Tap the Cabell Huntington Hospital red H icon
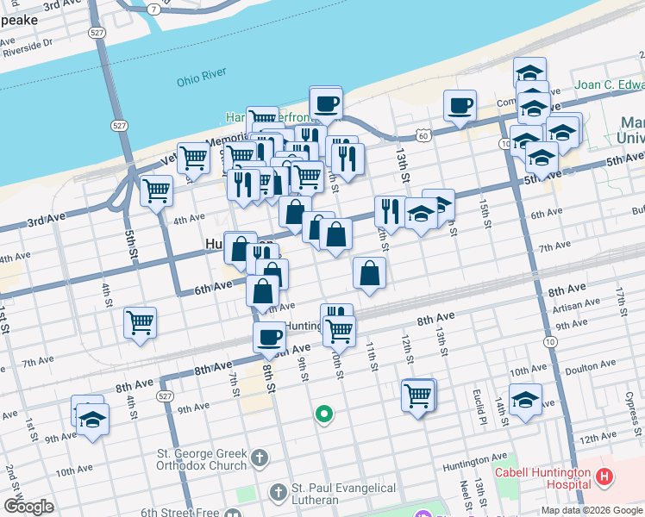[604, 476]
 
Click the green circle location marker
[324, 414]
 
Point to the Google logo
[28, 507]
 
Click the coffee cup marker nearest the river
[326, 103]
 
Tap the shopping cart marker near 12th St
[418, 396]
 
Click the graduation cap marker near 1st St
[91, 420]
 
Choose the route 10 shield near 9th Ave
[549, 342]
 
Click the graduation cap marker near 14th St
[525, 400]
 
